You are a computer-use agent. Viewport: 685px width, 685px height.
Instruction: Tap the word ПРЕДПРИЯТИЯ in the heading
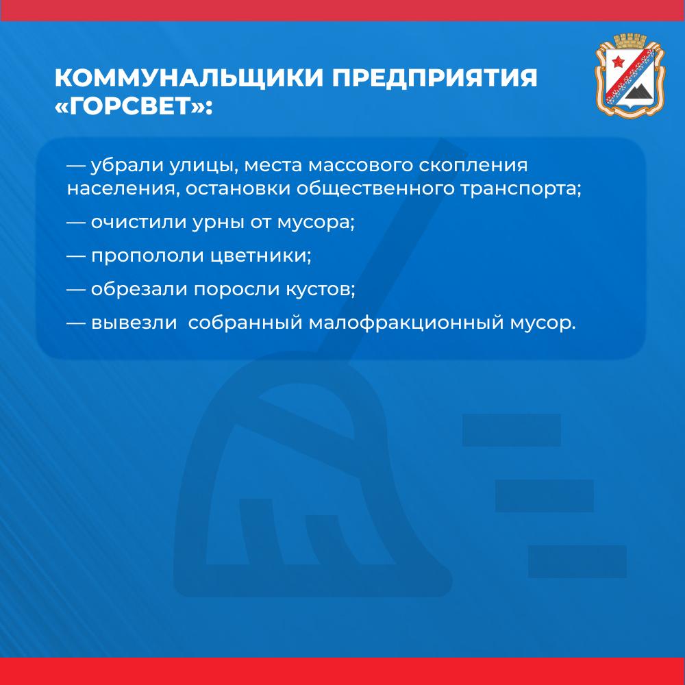point(435,78)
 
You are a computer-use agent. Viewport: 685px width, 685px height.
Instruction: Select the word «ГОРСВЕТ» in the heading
point(129,106)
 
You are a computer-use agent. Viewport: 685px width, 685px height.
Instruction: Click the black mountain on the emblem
point(638,92)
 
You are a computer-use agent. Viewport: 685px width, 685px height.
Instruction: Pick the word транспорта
point(521,189)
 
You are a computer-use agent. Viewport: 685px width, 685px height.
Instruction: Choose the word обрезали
point(139,288)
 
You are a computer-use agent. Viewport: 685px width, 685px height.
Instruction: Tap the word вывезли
point(134,323)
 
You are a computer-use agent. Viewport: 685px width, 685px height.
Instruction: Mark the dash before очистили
point(75,223)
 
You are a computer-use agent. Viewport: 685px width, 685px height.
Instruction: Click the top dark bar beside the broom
point(511,430)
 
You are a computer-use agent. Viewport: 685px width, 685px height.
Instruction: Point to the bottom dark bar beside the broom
point(577,562)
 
